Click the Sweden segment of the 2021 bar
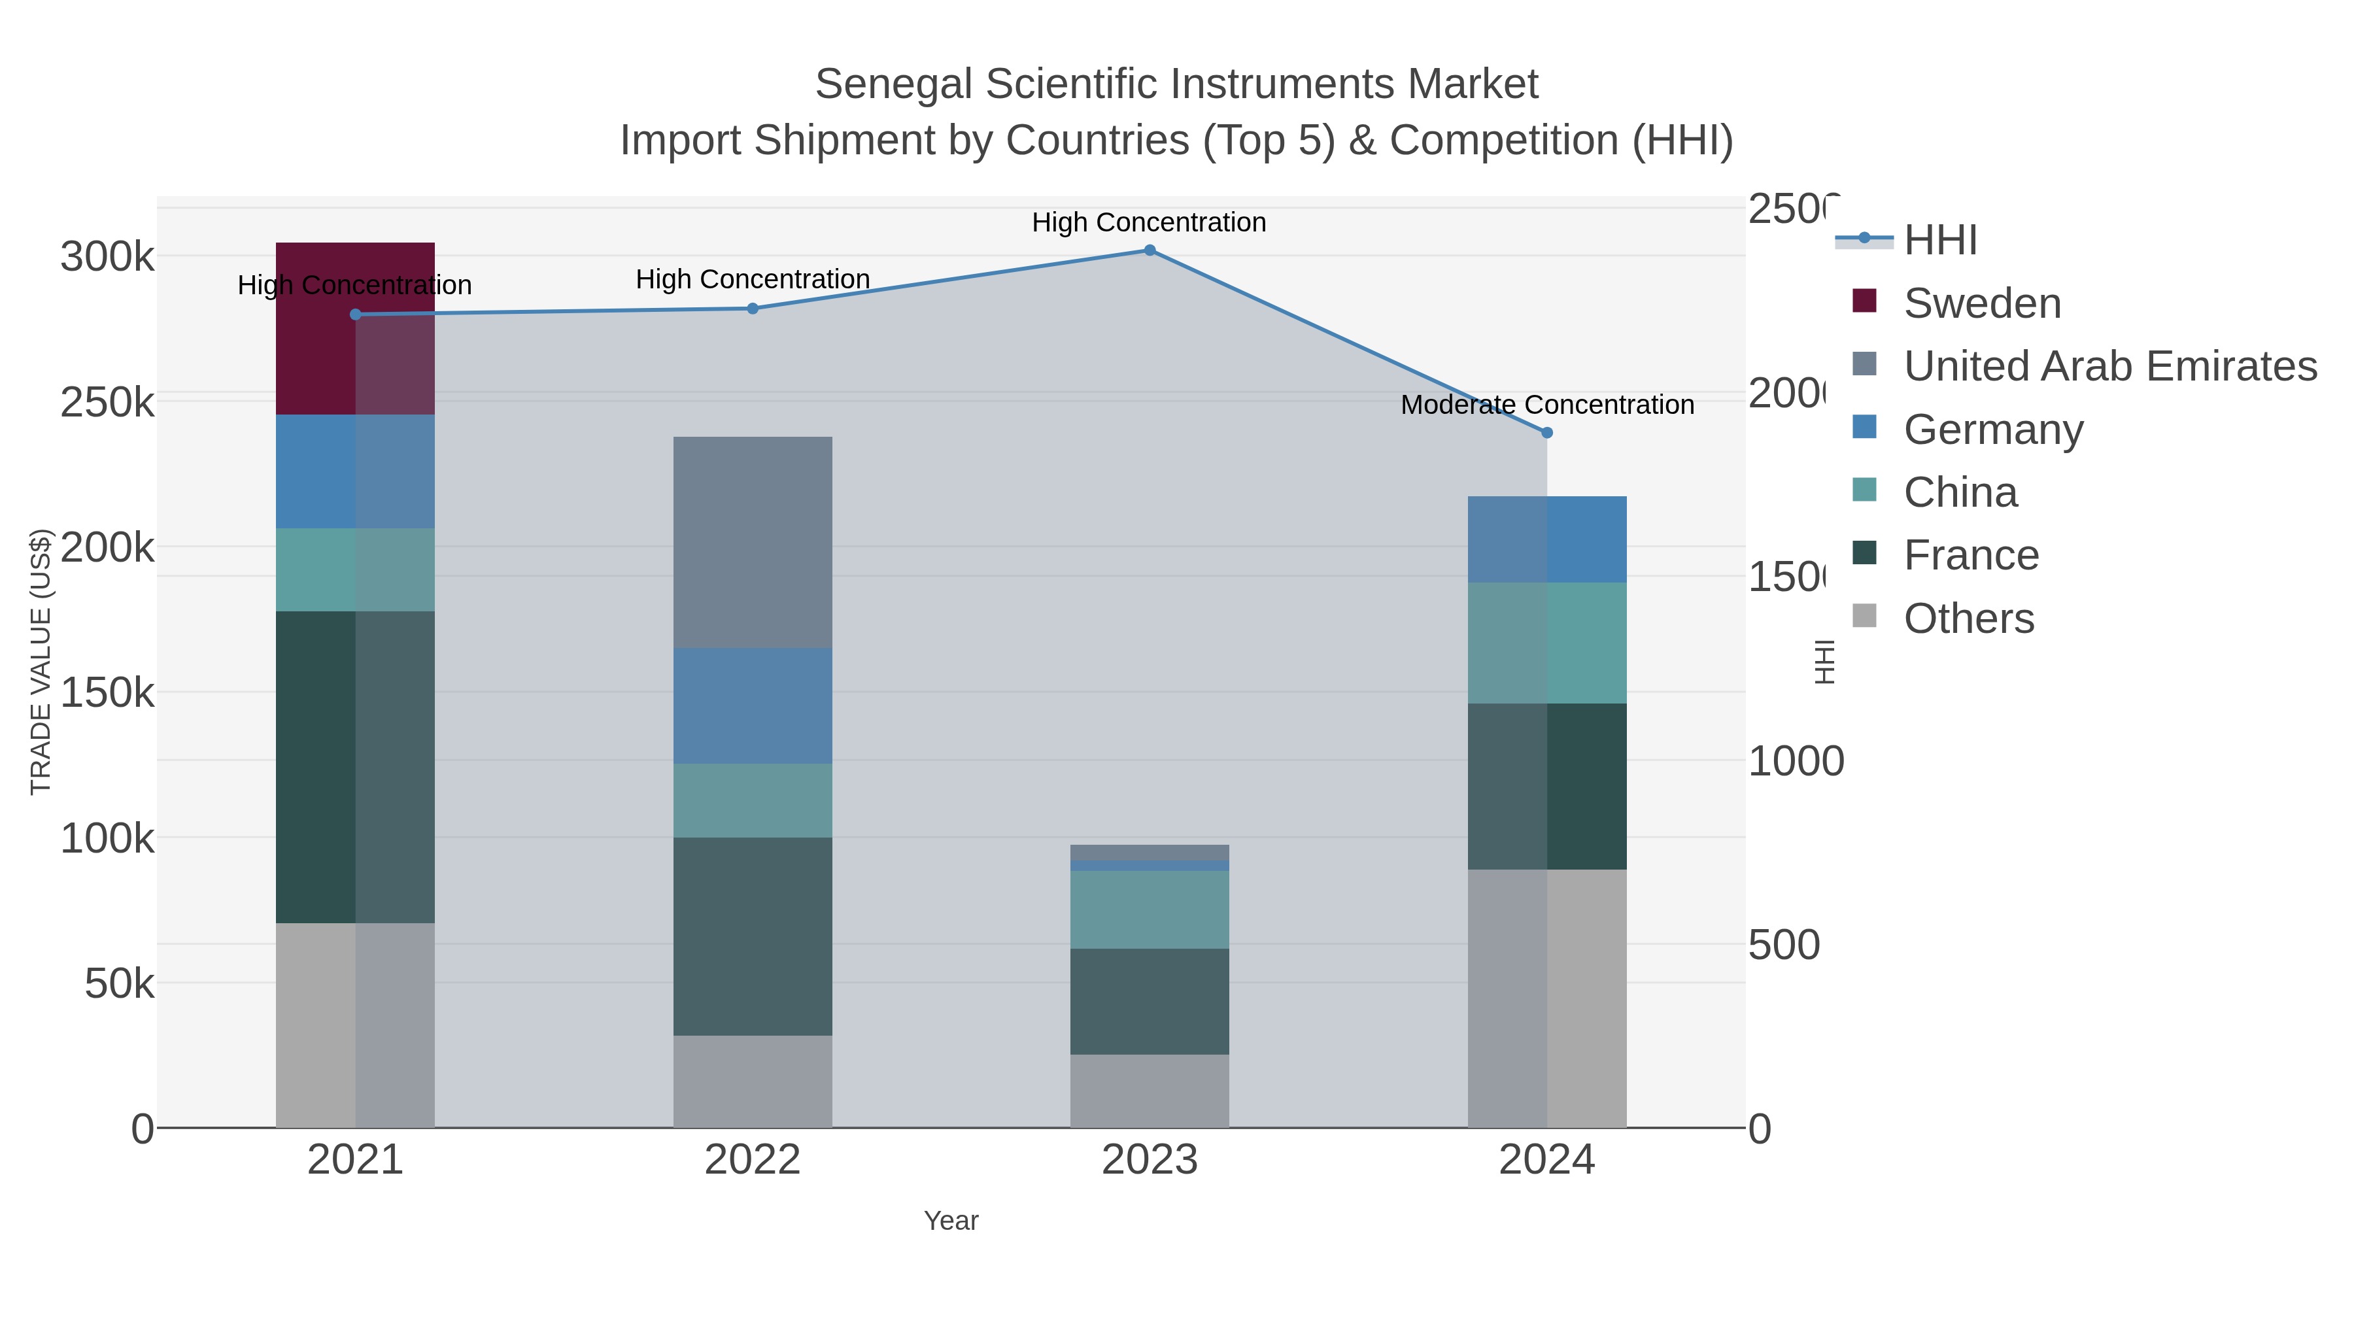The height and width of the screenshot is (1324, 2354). coord(354,329)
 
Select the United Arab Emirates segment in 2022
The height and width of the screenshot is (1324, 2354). coord(752,542)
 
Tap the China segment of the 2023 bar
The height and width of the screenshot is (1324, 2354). coord(1149,909)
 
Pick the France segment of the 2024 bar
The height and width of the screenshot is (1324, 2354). coord(1546,786)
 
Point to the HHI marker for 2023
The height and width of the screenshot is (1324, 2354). coord(1150,250)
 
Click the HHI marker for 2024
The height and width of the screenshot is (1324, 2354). coord(1547,433)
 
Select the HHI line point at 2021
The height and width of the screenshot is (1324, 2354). coord(356,314)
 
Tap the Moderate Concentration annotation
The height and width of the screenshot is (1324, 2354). coord(1547,405)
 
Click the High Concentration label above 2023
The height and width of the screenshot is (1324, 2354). coord(1149,222)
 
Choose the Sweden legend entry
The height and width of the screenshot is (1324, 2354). coord(1982,303)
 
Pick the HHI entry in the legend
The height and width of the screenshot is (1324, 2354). coord(1940,241)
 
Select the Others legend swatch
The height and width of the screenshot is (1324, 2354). coord(1864,617)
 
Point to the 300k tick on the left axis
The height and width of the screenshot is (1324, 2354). coord(107,257)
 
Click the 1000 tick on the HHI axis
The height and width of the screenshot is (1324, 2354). coord(1795,761)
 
